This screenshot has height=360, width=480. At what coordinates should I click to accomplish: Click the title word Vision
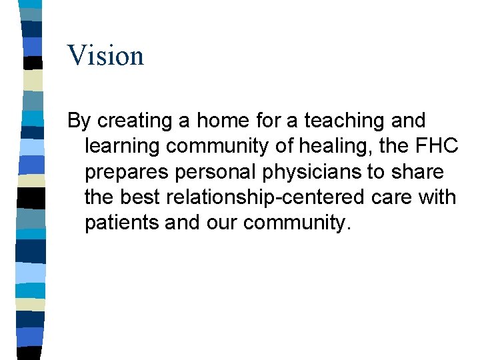coord(105,55)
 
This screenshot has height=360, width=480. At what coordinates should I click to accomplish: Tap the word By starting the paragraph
coord(79,121)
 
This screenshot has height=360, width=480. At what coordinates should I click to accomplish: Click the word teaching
coord(343,121)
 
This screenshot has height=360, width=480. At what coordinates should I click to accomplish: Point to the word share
coord(417,173)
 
